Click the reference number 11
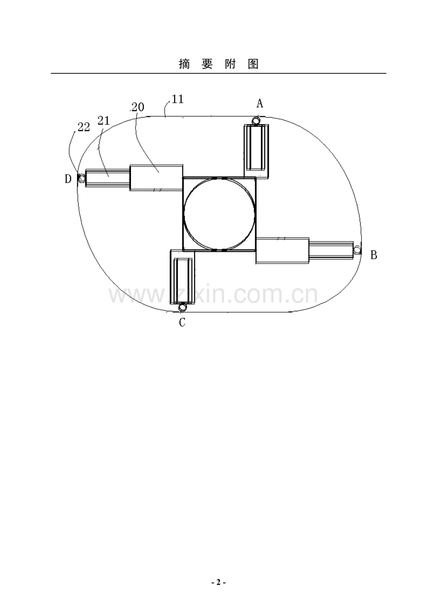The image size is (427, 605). pyautogui.click(x=178, y=99)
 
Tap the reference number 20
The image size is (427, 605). pyautogui.click(x=138, y=107)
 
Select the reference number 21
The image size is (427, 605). pyautogui.click(x=104, y=120)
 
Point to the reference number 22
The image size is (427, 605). pyautogui.click(x=84, y=127)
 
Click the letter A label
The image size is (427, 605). pyautogui.click(x=259, y=103)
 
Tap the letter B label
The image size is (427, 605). pyautogui.click(x=374, y=255)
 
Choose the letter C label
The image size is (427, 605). pyautogui.click(x=182, y=322)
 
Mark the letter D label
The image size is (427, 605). pyautogui.click(x=68, y=178)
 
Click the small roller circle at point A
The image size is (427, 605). pyautogui.click(x=256, y=120)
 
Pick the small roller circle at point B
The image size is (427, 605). pyautogui.click(x=357, y=250)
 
